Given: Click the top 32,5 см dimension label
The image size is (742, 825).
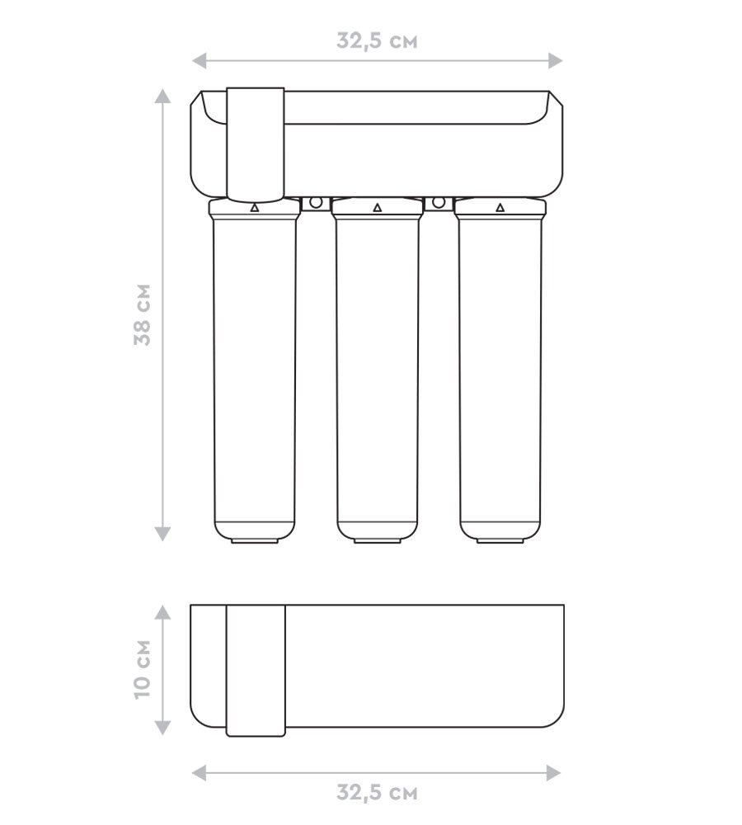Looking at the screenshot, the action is (x=377, y=41).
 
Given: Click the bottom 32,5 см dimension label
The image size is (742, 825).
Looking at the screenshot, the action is (x=377, y=792).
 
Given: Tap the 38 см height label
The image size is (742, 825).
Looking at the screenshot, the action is (x=143, y=314).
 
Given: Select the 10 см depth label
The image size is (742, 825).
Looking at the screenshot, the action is (x=143, y=669).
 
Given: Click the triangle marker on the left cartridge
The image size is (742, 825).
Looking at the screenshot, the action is (x=255, y=207).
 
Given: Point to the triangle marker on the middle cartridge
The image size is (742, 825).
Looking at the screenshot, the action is (x=377, y=207).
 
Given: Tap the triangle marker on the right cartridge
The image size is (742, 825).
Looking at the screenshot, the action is (x=500, y=207).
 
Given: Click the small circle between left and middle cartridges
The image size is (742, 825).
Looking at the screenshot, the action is (x=316, y=202).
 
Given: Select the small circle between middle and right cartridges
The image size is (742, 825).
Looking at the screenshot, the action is (x=439, y=202).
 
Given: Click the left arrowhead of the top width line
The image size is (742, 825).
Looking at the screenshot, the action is (x=199, y=60).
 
